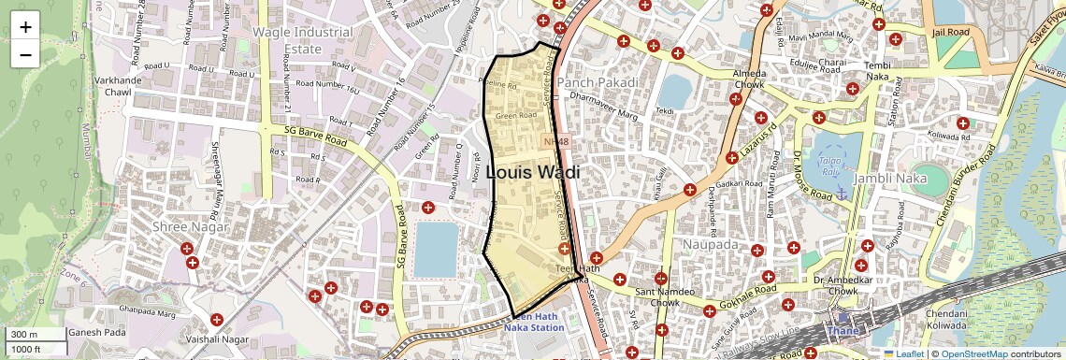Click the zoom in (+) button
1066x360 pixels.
pos(25,27)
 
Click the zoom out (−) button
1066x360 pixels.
pos(25,54)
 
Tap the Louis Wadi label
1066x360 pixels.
pos(533,173)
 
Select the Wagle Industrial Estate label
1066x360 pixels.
pos(303,40)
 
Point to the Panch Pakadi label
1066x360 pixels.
pos(598,82)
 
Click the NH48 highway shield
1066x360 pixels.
pos(556,141)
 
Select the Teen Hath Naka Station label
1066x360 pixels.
pos(534,322)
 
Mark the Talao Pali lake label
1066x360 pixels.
pos(829,166)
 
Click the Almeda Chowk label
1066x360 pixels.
pos(748,79)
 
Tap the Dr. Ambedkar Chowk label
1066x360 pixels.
pos(835,284)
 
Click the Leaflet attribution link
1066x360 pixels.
pos(903,353)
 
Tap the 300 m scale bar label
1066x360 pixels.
pos(25,335)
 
